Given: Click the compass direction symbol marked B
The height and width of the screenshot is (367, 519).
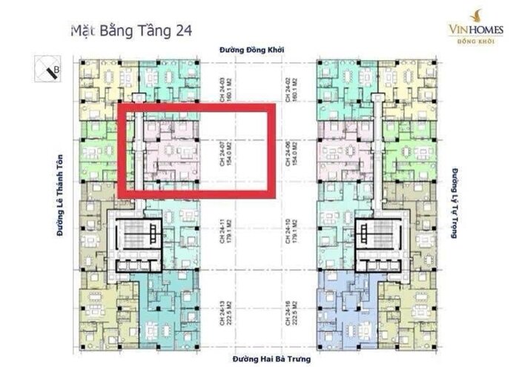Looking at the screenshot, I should (x=51, y=70).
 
